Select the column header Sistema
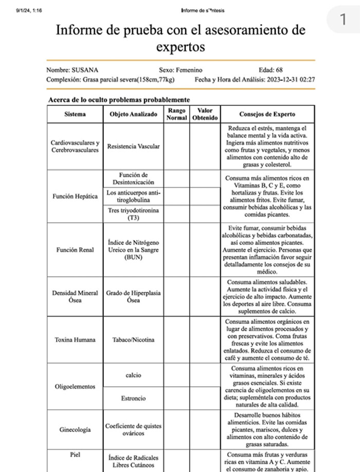coord(75,114)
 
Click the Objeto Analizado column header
coord(133,114)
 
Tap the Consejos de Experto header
coord(267,114)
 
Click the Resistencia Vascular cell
coord(133,147)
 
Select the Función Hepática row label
coord(75,197)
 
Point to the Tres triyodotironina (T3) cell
coord(133,214)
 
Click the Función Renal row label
coord(75,250)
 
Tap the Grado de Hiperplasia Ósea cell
coord(133,297)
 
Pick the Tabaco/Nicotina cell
coord(133,340)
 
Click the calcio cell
coord(133,375)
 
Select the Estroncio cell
coord(133,398)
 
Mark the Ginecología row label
coord(75,429)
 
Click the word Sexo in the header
coord(167,70)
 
